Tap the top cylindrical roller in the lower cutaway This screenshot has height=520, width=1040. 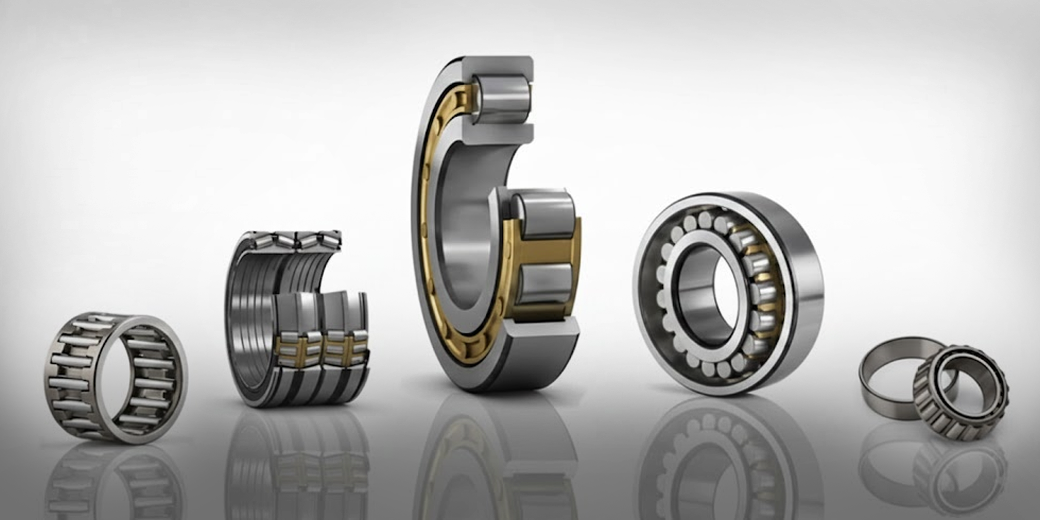point(543,214)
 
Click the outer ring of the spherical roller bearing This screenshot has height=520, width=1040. point(803,291)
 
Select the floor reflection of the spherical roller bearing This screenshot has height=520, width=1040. point(723,458)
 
